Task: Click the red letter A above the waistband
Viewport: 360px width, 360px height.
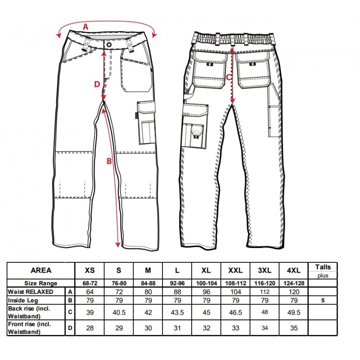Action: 85,27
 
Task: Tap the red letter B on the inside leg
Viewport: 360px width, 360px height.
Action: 109,161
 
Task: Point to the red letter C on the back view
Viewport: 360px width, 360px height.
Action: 229,77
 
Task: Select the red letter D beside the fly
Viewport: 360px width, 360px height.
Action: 97,85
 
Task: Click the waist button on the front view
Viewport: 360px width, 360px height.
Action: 109,44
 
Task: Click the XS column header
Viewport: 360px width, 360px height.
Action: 90,270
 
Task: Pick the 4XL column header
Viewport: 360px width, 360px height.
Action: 294,270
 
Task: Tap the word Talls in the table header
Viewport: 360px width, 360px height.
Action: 323,267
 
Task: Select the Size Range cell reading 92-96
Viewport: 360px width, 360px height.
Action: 177,283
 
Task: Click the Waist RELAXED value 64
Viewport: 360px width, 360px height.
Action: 90,292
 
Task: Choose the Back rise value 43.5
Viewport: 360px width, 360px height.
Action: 177,312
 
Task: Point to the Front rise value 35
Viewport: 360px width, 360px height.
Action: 294,328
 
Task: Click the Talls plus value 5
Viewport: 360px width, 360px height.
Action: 323,300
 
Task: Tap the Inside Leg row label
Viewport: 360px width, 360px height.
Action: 23,300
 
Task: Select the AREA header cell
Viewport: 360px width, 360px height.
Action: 41,270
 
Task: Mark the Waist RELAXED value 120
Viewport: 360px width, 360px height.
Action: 294,292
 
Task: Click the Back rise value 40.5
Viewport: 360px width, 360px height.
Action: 119,312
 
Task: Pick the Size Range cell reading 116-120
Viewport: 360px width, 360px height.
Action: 265,283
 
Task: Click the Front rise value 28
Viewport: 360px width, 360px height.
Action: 90,328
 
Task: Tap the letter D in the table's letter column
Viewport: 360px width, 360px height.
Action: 70,328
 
